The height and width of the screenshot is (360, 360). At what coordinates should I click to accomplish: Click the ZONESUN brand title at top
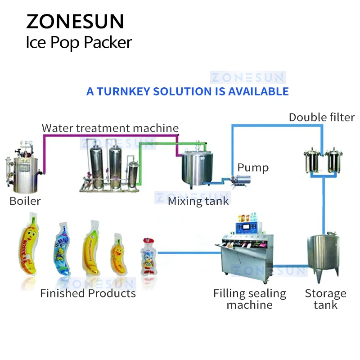pos(75,21)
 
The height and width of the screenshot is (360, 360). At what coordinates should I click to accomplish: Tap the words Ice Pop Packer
pos(79,42)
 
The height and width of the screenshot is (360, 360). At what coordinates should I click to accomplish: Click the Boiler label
pos(25,201)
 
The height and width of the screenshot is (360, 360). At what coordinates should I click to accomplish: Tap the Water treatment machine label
pos(110,128)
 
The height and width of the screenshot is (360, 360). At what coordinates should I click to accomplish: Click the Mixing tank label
pos(198,201)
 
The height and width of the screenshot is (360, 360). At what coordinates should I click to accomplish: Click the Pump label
pos(253,168)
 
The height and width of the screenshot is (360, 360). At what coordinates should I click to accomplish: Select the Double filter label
pos(322,117)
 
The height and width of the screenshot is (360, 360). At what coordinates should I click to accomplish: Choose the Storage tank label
pos(325,299)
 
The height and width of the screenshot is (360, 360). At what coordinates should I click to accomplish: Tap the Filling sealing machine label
pos(249,299)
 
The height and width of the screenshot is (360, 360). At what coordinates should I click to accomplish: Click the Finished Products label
pos(88,293)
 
